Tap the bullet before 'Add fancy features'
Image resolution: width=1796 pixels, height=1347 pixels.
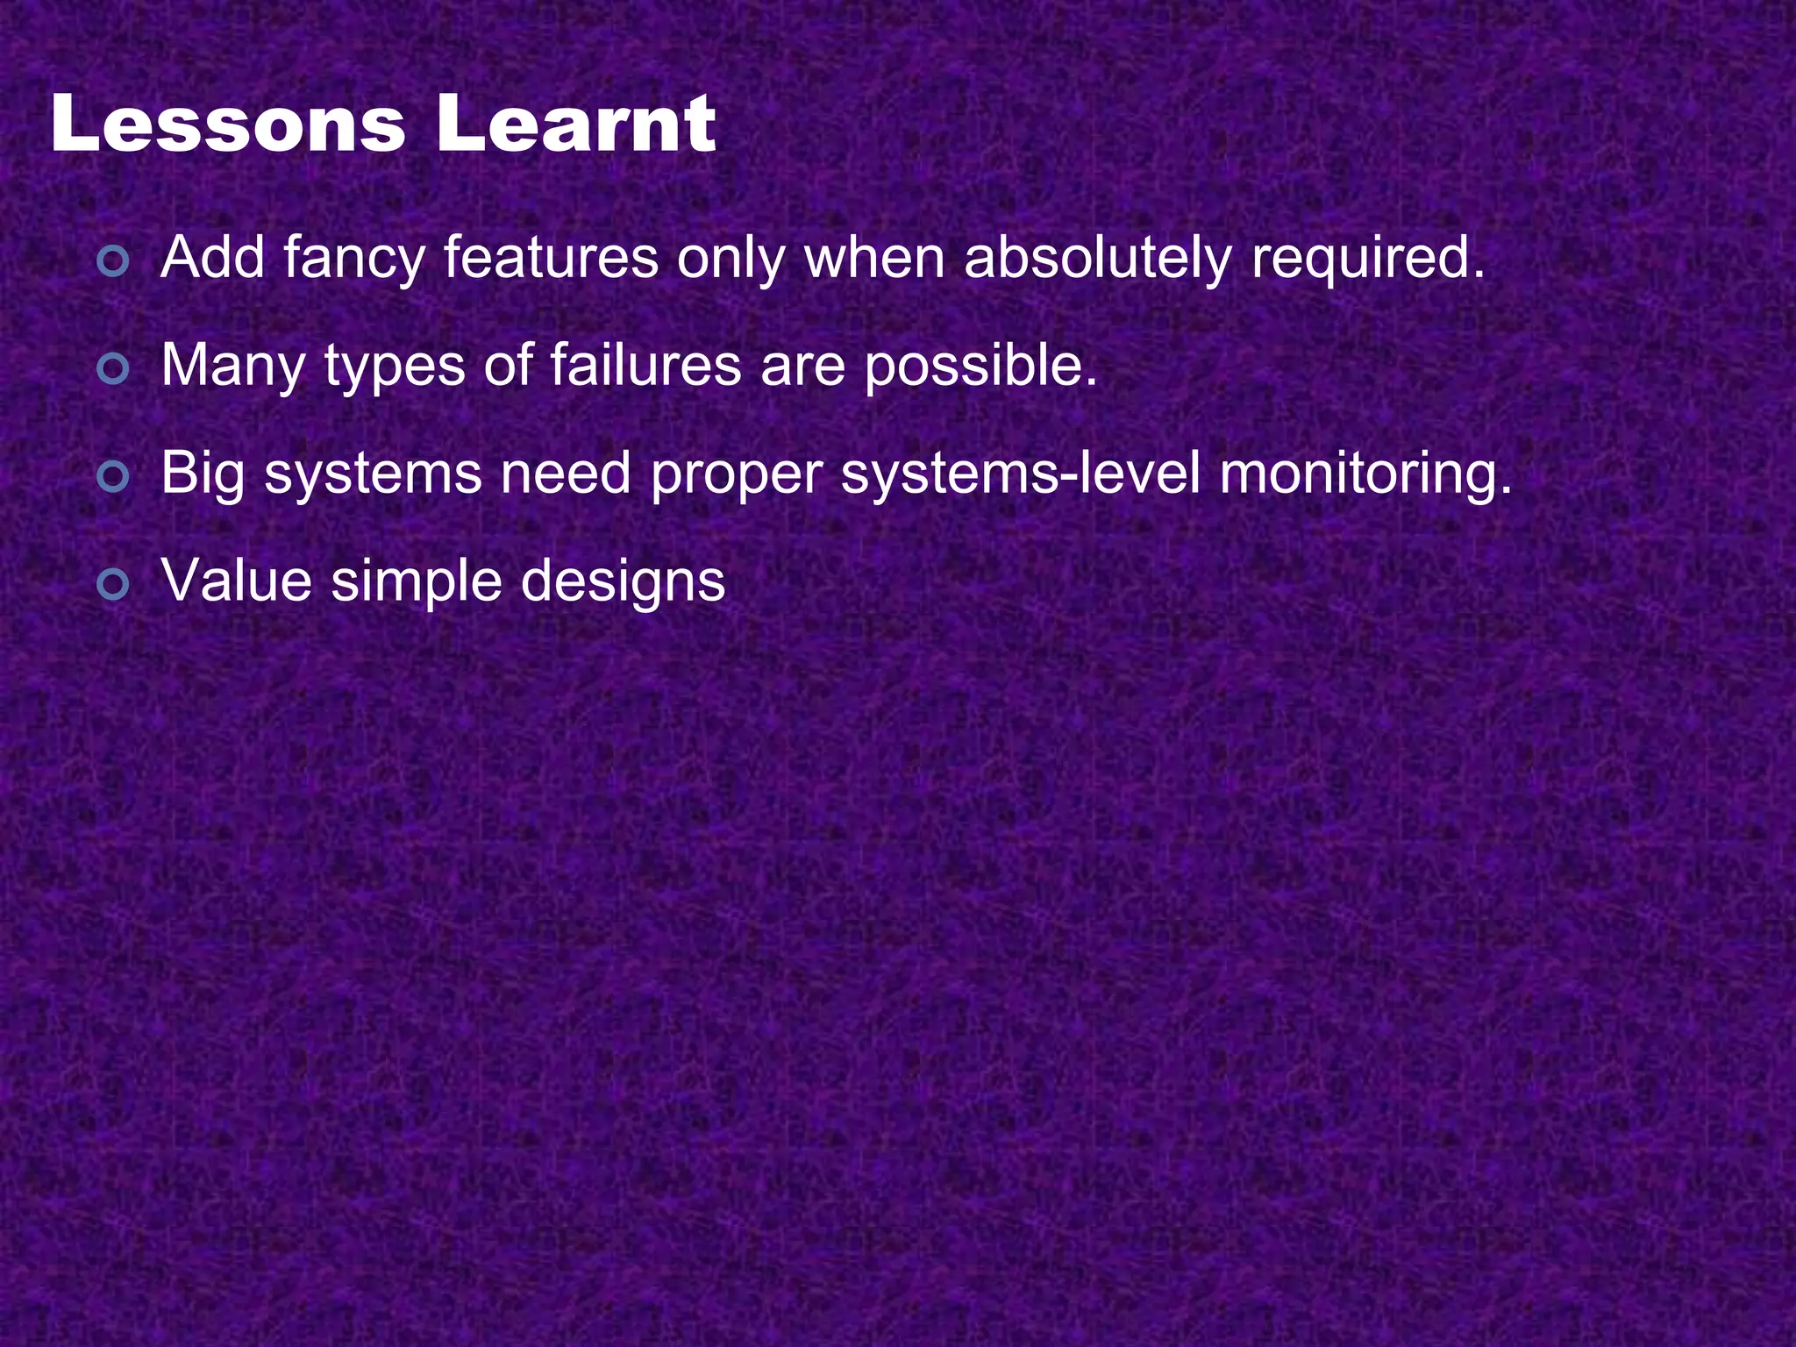coord(113,261)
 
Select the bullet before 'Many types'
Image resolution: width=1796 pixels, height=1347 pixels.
coord(113,369)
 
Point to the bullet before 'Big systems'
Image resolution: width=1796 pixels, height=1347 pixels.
coord(113,477)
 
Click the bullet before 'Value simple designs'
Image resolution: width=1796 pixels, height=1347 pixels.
coord(113,584)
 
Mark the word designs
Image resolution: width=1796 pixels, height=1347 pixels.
coord(623,583)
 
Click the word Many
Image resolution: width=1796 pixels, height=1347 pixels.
coord(232,368)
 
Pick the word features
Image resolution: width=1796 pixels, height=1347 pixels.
coord(550,260)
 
